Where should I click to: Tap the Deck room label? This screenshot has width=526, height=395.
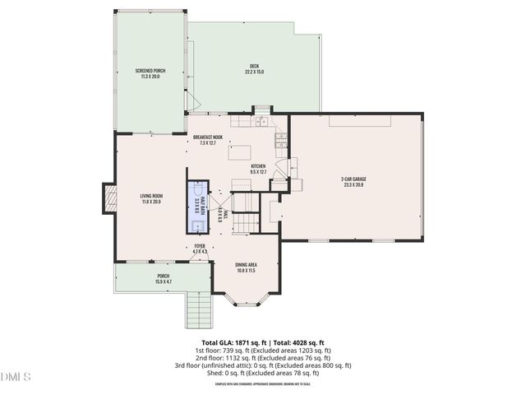click(x=254, y=69)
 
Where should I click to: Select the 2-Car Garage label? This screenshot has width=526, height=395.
click(x=353, y=181)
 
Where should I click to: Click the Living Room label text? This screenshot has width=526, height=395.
click(x=150, y=198)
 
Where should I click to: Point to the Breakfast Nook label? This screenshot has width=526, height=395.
click(x=209, y=140)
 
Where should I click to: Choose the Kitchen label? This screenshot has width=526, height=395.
click(x=259, y=169)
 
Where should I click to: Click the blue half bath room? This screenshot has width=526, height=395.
click(x=197, y=206)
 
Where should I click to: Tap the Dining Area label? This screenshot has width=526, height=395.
click(x=247, y=267)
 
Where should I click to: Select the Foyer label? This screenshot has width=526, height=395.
click(x=200, y=248)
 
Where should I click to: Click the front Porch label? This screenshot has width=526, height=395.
click(x=163, y=279)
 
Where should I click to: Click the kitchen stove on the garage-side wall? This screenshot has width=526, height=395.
click(x=281, y=142)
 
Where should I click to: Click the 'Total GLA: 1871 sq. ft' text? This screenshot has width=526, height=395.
click(x=231, y=342)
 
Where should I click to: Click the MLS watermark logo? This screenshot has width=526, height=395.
click(x=16, y=377)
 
